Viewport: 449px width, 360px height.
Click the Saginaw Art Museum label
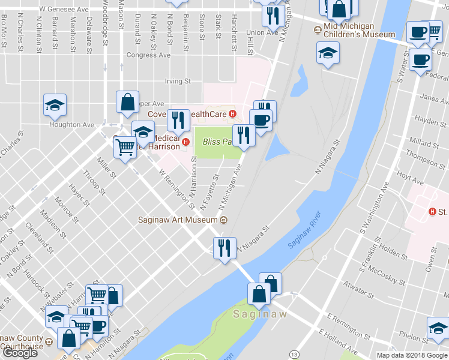[176, 219]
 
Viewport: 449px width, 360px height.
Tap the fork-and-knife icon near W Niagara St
[223, 247]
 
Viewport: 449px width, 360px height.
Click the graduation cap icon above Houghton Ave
[55, 106]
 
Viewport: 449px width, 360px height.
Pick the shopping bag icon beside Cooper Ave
[127, 103]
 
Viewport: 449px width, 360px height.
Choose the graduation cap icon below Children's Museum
[328, 53]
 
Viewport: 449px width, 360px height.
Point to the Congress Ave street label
[148, 55]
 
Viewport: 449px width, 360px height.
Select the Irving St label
[178, 81]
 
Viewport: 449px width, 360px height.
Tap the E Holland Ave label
[338, 343]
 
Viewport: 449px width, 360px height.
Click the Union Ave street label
[262, 32]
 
